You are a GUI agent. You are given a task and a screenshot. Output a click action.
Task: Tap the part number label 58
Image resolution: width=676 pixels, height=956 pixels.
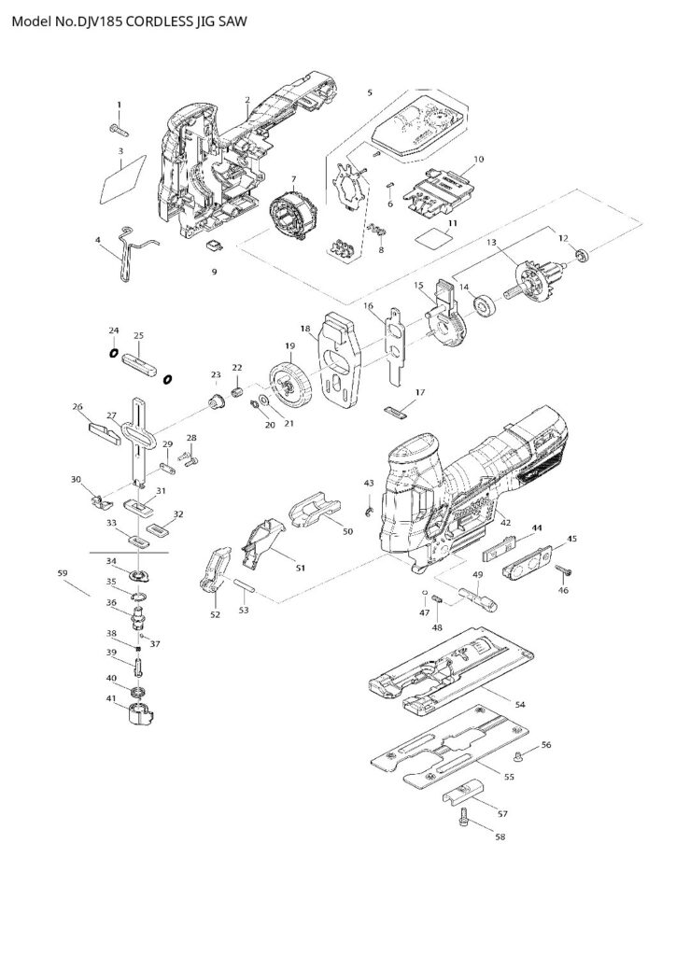coord(500,837)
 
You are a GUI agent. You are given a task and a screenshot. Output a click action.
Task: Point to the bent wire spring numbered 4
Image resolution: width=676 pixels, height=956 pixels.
coord(132,252)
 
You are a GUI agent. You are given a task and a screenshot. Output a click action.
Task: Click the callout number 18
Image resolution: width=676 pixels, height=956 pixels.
coord(304,329)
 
